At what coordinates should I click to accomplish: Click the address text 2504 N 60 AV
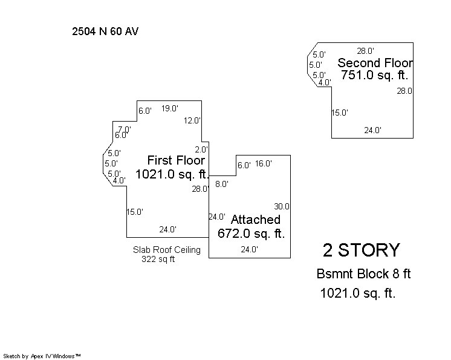[105, 31]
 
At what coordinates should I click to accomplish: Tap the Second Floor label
[375, 63]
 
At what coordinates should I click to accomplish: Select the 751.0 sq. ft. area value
[374, 75]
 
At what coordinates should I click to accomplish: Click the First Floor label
[176, 160]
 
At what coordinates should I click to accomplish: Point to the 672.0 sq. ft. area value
[251, 233]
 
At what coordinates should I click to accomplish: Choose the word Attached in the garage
[255, 220]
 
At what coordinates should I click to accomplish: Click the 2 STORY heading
[362, 250]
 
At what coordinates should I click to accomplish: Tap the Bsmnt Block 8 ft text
[363, 273]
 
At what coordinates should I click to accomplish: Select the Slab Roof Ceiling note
[166, 250]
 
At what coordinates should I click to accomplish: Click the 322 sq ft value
[158, 259]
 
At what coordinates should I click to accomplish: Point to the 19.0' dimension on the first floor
[170, 108]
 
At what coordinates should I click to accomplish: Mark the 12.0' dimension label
[192, 120]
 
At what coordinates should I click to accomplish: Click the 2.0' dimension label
[201, 149]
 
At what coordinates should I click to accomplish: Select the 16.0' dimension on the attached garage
[263, 163]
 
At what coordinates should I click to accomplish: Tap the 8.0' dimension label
[222, 184]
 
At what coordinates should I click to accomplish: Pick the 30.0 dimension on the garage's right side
[282, 206]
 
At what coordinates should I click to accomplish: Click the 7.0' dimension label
[125, 129]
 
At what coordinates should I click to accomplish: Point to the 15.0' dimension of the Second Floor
[340, 113]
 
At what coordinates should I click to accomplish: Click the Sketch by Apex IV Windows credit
[42, 356]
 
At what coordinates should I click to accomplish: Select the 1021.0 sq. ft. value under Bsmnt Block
[358, 293]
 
